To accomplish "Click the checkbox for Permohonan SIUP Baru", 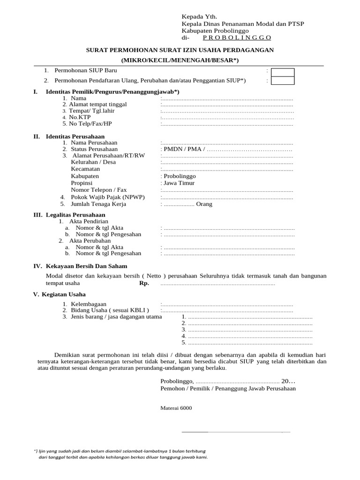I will (283, 72).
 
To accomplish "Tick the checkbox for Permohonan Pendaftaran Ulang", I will (283, 81).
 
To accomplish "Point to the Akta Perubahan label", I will (90, 240).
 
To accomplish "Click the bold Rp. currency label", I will (144, 284).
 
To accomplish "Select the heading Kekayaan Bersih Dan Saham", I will (87, 266).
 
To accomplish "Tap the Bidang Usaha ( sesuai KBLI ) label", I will (110, 310).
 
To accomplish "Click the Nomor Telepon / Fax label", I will (98, 190).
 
